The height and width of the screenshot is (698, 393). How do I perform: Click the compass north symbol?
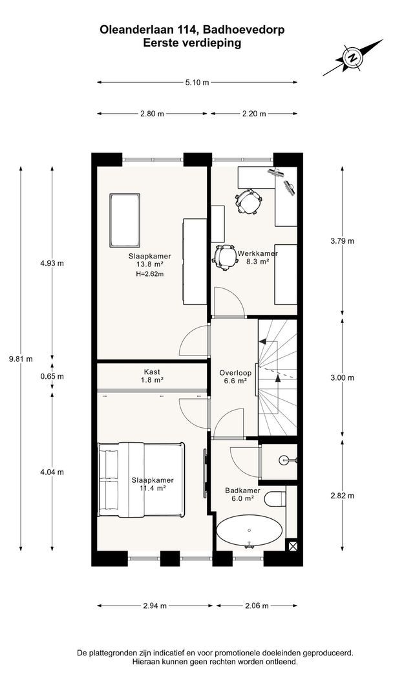point(352,58)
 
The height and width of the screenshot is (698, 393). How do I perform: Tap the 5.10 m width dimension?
point(197,82)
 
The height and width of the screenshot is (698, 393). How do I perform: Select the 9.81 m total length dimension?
point(21,359)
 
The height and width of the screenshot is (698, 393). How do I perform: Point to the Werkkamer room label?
point(258,254)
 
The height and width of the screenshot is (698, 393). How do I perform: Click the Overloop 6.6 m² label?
point(235,377)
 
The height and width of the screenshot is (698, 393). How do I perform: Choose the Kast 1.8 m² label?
point(152,375)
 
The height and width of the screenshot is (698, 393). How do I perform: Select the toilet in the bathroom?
point(275,498)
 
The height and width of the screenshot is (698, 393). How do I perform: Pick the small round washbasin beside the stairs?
point(285,460)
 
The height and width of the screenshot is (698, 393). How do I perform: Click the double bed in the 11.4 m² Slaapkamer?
point(141,480)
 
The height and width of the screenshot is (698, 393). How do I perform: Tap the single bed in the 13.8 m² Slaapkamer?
point(125,220)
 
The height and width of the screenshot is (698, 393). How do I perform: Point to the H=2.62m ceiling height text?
point(150,274)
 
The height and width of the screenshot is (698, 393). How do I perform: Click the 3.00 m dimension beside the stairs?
point(343,378)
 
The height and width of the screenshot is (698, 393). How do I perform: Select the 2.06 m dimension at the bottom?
point(257,606)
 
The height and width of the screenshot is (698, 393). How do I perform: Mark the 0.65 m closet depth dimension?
point(52,376)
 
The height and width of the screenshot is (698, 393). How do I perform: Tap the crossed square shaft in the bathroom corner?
point(292,545)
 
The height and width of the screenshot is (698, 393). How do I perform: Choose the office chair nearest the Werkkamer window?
point(248,202)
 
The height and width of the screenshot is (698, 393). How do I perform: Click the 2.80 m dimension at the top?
point(152,114)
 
